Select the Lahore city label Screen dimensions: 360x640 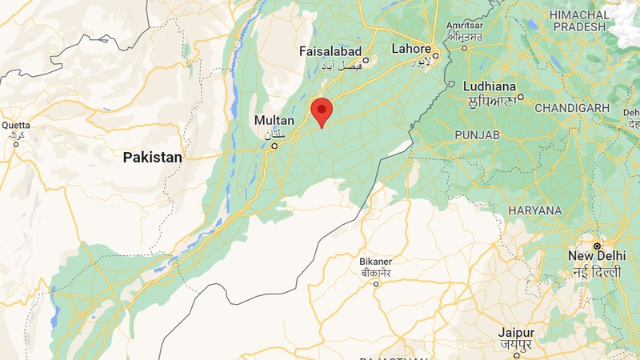click(x=411, y=49)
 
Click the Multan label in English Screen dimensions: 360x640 click(x=274, y=120)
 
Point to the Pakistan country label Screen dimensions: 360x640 click(x=152, y=158)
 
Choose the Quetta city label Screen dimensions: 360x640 click(x=16, y=125)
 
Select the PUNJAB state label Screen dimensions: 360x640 click(x=477, y=135)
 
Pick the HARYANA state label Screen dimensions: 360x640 click(x=534, y=210)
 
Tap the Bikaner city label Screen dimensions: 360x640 click(x=375, y=262)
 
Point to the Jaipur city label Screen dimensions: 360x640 click(x=515, y=332)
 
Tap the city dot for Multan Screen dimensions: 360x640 click(x=274, y=146)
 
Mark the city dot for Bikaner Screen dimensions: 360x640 click(x=376, y=283)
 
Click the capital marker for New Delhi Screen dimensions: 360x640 click(x=596, y=245)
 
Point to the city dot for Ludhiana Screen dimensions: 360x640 click(x=520, y=98)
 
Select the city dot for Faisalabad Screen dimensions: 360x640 click(x=366, y=60)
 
